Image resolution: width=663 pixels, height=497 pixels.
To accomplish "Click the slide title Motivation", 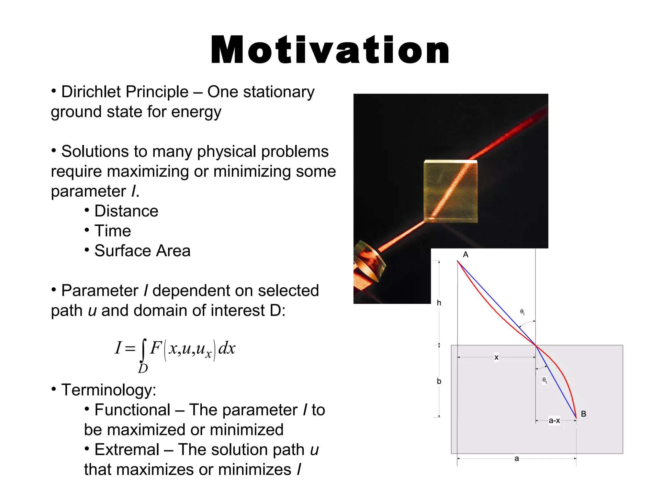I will click(330, 50).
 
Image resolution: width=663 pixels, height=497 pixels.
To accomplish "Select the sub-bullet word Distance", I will click(126, 211).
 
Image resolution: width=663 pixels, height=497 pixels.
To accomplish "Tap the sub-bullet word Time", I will click(113, 231).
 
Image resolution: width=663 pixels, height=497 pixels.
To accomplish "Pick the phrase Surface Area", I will click(142, 251).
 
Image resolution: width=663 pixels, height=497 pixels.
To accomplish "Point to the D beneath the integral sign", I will click(143, 369).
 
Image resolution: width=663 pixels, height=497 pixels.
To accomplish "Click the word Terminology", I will click(109, 390).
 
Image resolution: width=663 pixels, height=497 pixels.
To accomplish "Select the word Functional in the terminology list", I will click(132, 410).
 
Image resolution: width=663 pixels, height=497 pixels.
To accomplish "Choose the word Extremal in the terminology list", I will click(127, 450).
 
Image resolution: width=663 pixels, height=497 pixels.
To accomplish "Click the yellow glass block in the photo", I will click(450, 191).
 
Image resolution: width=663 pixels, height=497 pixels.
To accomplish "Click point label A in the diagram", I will click(466, 255).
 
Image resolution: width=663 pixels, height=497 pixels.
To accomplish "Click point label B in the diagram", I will click(583, 414).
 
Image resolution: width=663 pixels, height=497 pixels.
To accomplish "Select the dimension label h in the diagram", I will click(439, 303).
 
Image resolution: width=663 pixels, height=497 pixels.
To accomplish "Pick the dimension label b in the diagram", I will click(439, 381).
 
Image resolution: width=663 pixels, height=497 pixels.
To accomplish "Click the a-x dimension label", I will click(554, 421).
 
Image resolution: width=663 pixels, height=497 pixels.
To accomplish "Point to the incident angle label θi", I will click(522, 312).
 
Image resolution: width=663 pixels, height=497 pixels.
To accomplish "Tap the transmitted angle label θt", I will click(545, 380).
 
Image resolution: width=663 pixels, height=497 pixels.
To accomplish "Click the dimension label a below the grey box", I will click(517, 458).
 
